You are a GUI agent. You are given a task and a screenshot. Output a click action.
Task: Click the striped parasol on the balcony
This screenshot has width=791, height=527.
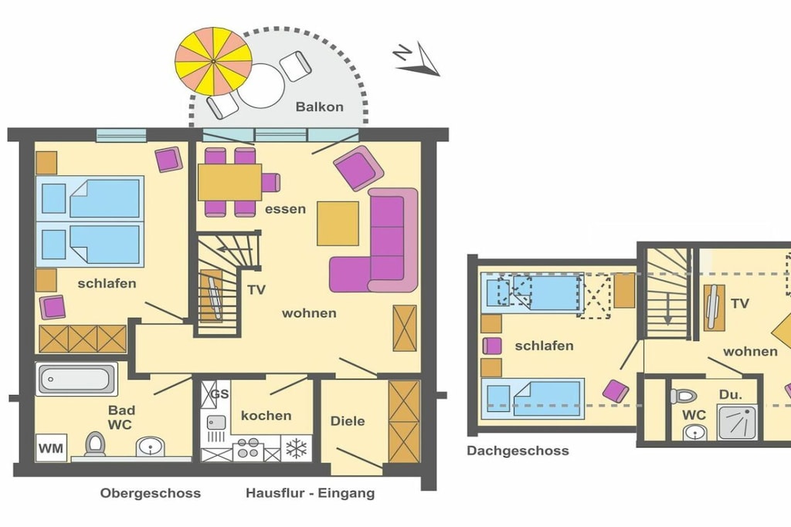point(213,62)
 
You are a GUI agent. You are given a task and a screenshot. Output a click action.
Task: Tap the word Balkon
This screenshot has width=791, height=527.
point(319,106)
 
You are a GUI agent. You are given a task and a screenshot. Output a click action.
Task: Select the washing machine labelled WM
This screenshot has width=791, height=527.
point(52,448)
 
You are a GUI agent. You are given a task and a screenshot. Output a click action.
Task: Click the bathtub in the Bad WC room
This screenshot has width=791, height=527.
point(76,379)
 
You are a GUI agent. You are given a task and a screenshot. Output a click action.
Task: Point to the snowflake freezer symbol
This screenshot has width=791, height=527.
point(296,448)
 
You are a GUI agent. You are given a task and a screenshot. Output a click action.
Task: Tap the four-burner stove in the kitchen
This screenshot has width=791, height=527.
point(247,448)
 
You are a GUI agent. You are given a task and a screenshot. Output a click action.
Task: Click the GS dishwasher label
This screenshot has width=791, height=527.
point(219,394)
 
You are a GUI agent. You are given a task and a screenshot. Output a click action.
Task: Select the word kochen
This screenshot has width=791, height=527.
point(266,416)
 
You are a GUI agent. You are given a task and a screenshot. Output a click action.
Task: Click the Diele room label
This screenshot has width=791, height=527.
point(348,421)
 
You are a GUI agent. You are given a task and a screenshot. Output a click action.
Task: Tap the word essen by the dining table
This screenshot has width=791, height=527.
point(285,208)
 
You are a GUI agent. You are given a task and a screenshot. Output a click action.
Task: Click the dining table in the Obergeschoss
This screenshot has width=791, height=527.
point(229,182)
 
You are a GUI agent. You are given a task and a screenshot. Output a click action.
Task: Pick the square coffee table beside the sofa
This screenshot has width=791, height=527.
point(338,223)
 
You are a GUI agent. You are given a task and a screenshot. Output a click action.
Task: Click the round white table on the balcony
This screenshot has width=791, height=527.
point(261,86)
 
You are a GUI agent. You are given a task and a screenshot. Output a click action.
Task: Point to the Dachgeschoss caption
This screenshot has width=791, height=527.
point(518,451)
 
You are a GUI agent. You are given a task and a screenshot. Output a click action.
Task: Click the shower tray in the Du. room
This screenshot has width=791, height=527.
point(738,421)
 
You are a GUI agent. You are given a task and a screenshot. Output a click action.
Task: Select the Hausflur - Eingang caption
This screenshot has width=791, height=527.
point(311,493)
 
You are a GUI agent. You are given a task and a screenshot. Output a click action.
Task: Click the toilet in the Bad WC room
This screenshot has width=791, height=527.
point(95,444)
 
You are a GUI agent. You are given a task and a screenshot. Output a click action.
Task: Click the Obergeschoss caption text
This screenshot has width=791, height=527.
point(151,493)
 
